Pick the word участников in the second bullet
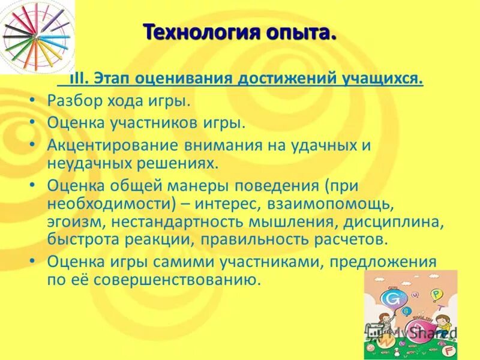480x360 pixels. (x=152, y=123)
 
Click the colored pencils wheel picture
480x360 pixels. (x=36, y=36)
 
